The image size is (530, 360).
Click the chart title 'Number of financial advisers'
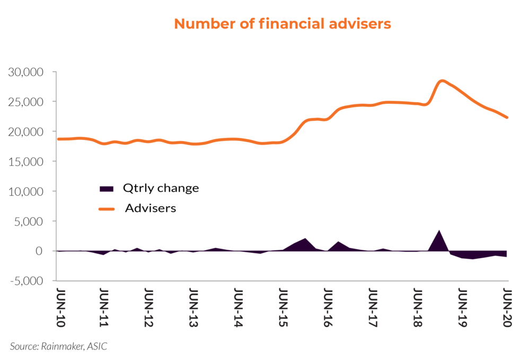(282, 24)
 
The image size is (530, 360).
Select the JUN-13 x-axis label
(194, 309)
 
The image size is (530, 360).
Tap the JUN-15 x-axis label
(284, 309)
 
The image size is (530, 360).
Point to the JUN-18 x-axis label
(418, 309)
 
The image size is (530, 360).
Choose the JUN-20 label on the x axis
(508, 309)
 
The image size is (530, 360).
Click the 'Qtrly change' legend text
(161, 188)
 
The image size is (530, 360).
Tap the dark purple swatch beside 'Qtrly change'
(107, 189)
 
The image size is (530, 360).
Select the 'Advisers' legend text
(151, 208)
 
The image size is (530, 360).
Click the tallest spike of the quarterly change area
(439, 231)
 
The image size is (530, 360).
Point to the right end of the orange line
(507, 117)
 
